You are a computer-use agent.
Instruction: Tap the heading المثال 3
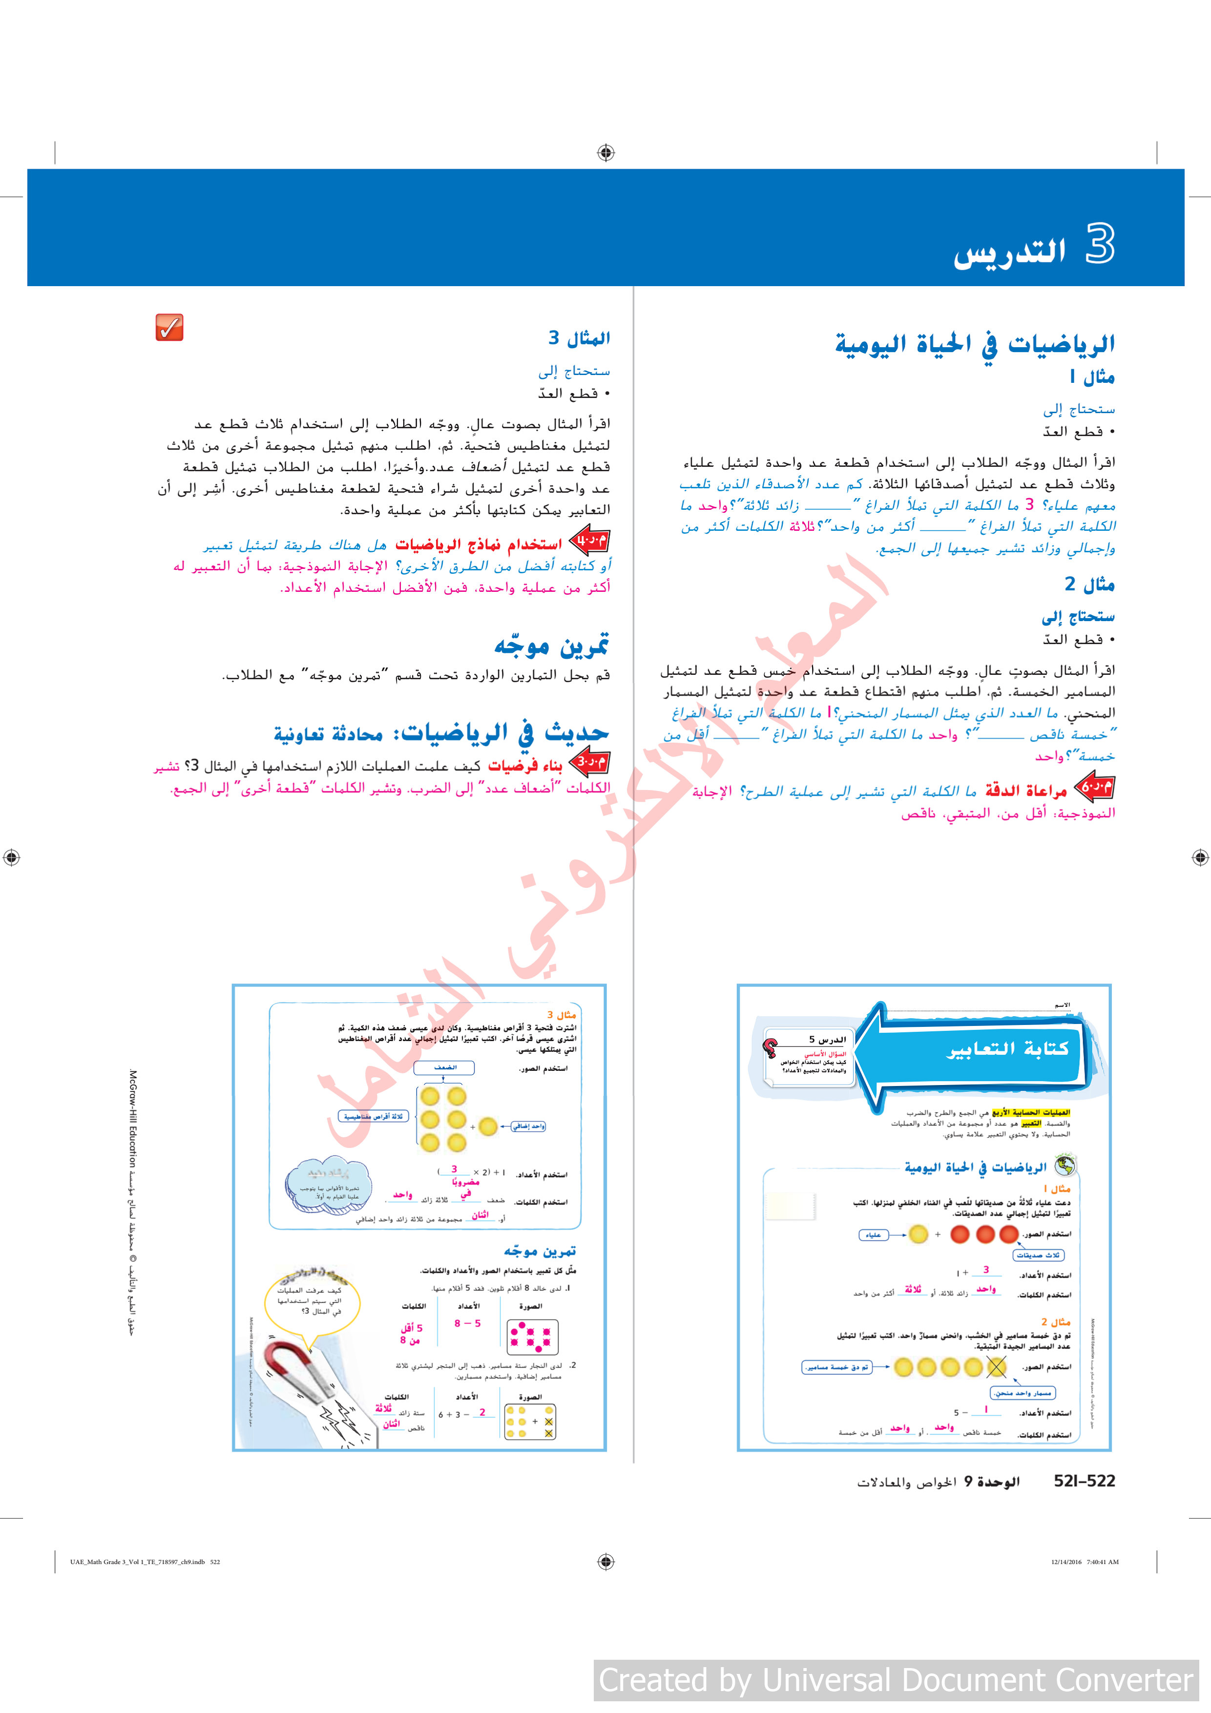(x=579, y=338)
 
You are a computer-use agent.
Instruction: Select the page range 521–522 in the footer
(x=1084, y=1482)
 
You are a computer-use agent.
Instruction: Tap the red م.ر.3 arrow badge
(x=589, y=762)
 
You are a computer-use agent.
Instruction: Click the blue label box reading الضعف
(x=445, y=1067)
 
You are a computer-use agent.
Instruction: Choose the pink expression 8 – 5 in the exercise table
(x=467, y=1323)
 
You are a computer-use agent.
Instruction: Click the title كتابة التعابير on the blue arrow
(x=1007, y=1048)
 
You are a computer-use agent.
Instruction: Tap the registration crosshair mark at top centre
(x=606, y=153)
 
